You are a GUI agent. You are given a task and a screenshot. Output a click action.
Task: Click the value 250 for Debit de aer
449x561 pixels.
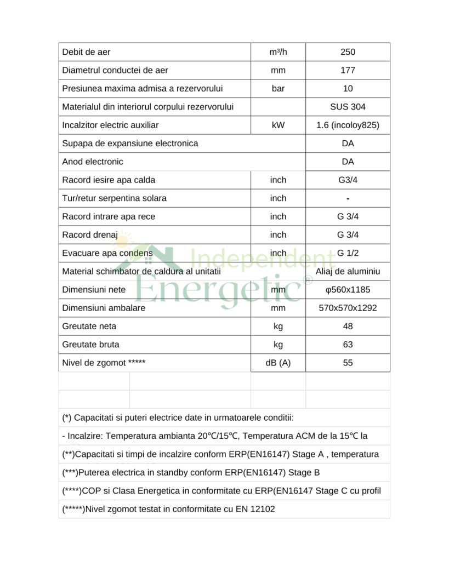pyautogui.click(x=348, y=52)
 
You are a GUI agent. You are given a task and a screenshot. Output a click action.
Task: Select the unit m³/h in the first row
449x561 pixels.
pyautogui.click(x=278, y=52)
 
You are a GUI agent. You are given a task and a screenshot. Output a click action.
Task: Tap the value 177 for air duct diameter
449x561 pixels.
pyautogui.click(x=348, y=70)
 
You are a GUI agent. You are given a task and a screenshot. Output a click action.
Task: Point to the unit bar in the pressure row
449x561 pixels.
pyautogui.click(x=278, y=89)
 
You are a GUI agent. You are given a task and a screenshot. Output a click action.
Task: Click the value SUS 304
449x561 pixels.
pyautogui.click(x=348, y=107)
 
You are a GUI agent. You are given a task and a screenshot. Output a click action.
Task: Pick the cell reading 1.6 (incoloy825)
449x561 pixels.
pyautogui.click(x=348, y=125)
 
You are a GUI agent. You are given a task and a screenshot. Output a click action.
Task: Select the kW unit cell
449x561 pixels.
pyautogui.click(x=278, y=125)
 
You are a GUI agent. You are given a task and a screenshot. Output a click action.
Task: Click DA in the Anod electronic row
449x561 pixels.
pyautogui.click(x=348, y=162)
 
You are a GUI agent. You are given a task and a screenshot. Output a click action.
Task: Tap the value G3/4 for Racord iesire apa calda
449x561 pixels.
pyautogui.click(x=348, y=180)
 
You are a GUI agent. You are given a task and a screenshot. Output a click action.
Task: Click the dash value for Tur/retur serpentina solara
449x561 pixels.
pyautogui.click(x=348, y=198)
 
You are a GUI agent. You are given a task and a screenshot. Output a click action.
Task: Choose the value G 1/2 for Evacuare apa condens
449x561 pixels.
pyautogui.click(x=348, y=253)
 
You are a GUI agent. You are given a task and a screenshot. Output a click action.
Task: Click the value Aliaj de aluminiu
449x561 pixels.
pyautogui.click(x=348, y=271)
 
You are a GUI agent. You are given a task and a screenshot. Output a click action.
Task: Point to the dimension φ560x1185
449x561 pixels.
pyautogui.click(x=348, y=290)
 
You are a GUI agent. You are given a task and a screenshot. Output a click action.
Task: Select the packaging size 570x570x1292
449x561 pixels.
pyautogui.click(x=348, y=308)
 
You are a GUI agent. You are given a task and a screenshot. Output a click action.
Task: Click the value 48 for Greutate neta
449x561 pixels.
pyautogui.click(x=348, y=327)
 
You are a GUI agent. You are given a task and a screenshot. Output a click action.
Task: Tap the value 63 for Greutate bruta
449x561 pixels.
pyautogui.click(x=348, y=345)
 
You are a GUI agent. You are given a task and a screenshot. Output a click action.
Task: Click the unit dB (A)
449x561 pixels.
pyautogui.click(x=278, y=363)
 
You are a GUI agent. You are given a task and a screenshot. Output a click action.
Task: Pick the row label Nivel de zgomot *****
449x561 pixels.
pyautogui.click(x=104, y=363)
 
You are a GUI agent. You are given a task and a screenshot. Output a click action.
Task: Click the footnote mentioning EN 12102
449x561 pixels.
pyautogui.click(x=169, y=509)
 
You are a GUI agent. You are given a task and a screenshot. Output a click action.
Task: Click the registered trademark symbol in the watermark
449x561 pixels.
pyautogui.click(x=308, y=280)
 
